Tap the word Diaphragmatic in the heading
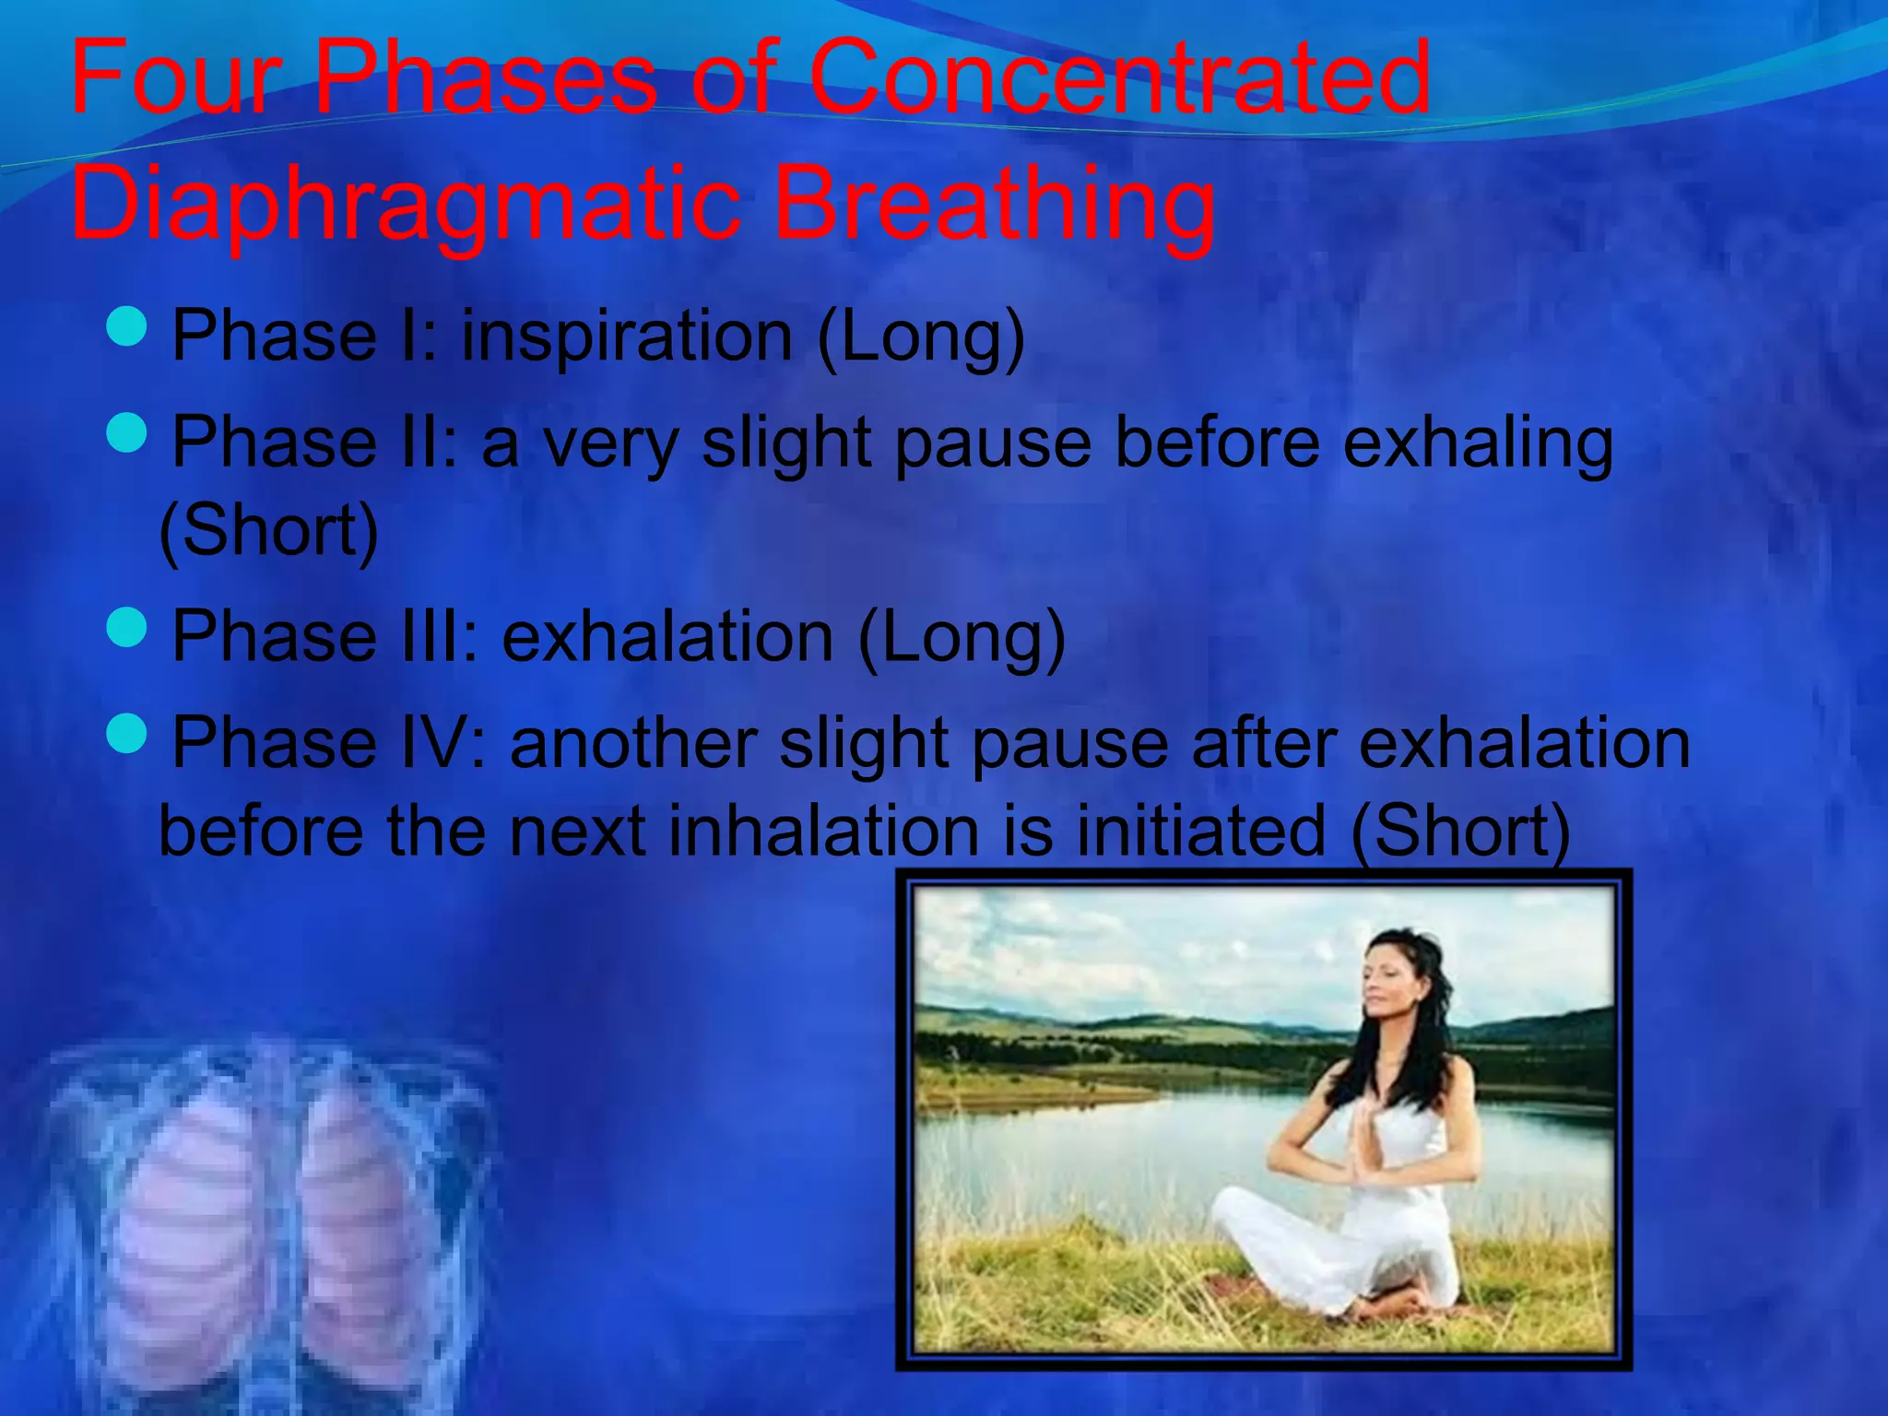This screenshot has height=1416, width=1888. pyautogui.click(x=406, y=203)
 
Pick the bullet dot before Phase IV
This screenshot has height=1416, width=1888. pyautogui.click(x=126, y=734)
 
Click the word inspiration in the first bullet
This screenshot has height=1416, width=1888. pyautogui.click(x=627, y=336)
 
